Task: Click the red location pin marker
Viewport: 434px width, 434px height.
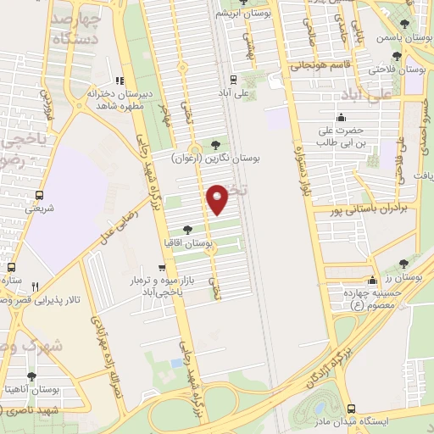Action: point(218,198)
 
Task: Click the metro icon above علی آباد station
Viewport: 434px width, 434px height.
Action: point(245,79)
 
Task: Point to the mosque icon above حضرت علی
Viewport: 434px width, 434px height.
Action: point(341,118)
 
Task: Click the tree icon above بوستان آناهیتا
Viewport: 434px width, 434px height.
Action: point(31,376)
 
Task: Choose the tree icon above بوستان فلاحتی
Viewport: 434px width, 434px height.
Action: point(397,56)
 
